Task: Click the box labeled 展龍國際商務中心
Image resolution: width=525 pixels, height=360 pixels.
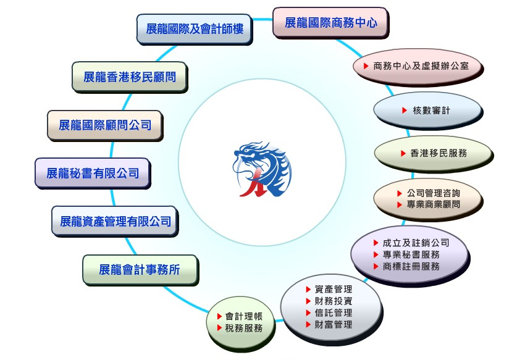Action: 330,22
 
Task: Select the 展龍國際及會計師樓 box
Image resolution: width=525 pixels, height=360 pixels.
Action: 194,29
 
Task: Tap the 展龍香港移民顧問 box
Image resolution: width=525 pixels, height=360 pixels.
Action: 130,77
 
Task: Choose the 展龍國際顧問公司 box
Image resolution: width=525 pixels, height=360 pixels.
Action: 105,125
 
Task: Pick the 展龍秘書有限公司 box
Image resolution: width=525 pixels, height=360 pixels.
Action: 93,173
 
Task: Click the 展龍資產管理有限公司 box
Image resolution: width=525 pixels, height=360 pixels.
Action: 115,221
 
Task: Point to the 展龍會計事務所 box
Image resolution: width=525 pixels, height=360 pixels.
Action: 140,270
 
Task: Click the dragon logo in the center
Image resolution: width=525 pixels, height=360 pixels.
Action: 262,169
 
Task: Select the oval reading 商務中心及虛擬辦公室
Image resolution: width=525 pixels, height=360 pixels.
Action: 418,66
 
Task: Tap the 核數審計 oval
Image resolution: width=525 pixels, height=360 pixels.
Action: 428,111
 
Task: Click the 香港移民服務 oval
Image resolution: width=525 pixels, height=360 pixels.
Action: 433,153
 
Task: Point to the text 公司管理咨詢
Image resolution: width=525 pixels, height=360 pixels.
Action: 433,193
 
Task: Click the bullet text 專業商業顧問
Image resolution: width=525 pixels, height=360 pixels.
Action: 433,204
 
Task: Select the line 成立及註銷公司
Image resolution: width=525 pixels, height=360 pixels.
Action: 416,243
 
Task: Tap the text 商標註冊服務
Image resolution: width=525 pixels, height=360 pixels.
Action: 411,267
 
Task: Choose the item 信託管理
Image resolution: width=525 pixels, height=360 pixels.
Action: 334,313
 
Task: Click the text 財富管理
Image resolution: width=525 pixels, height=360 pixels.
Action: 334,325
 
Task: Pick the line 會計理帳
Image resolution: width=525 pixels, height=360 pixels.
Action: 244,316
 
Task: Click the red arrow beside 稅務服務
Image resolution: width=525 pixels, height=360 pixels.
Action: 220,328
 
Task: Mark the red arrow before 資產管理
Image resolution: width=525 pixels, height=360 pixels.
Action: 308,290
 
